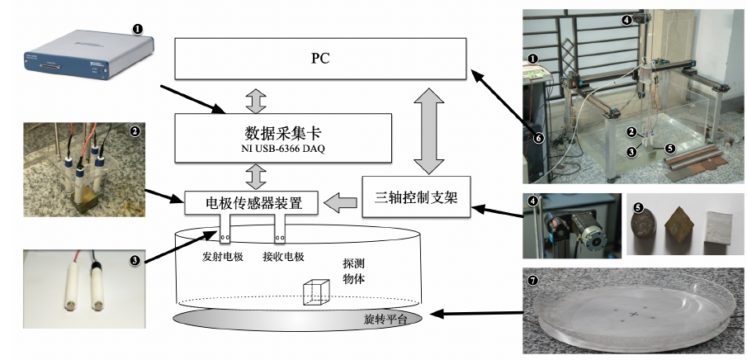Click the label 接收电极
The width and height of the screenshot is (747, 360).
pyautogui.click(x=285, y=256)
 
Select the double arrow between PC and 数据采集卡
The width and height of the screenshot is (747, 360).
pyautogui.click(x=256, y=97)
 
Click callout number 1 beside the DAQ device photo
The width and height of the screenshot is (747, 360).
pyautogui.click(x=137, y=29)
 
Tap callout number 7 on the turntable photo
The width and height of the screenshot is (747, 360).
pyautogui.click(x=534, y=281)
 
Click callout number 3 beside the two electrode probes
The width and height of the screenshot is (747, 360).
pyautogui.click(x=135, y=261)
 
